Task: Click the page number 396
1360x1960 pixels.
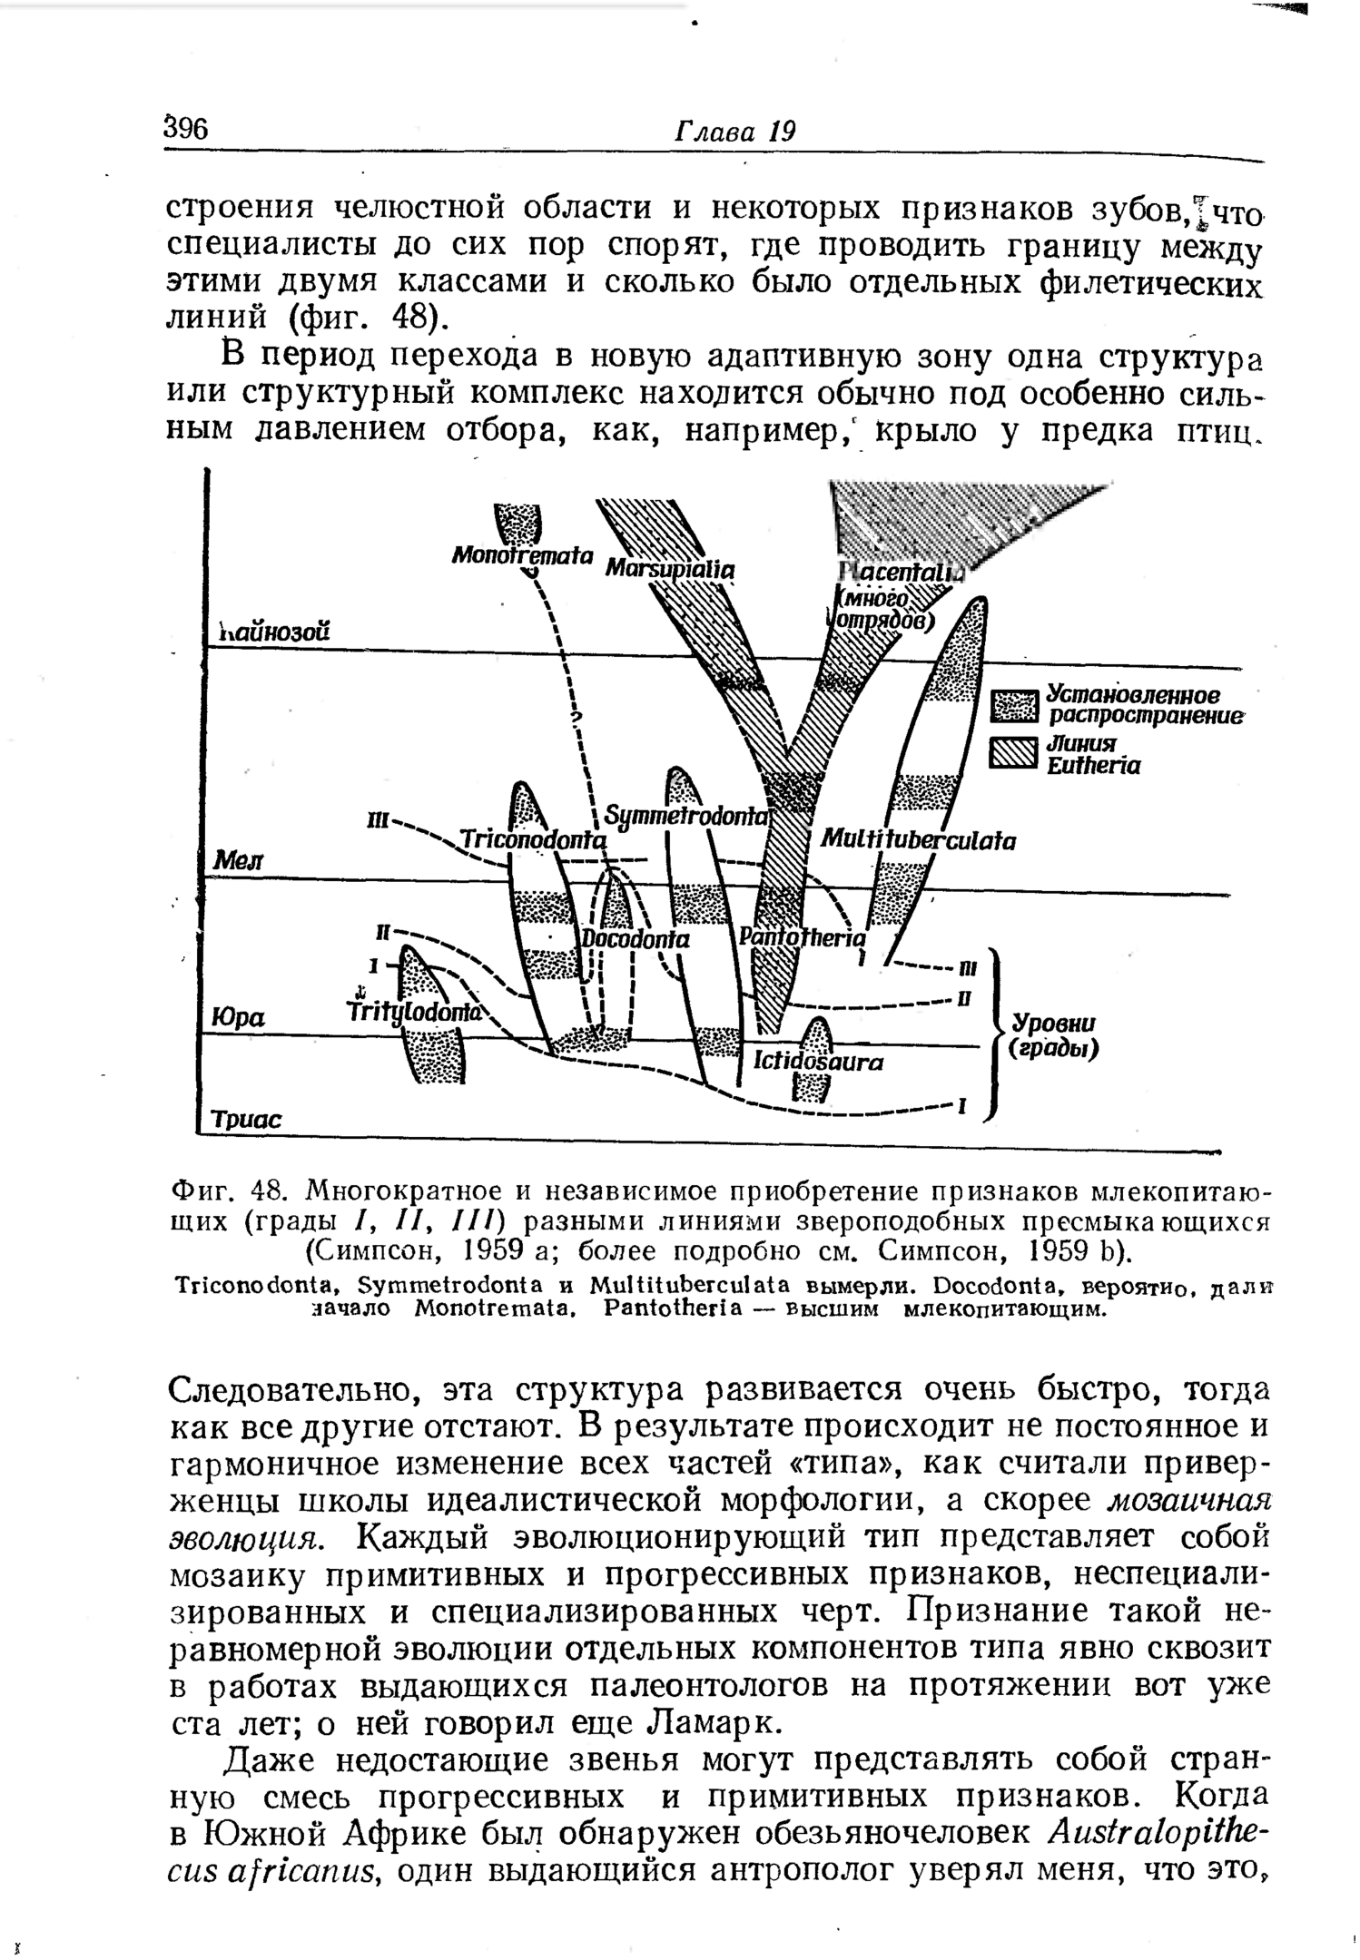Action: click(x=187, y=128)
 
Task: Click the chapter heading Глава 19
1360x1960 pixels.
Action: click(x=734, y=132)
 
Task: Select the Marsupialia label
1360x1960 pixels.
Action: click(x=669, y=568)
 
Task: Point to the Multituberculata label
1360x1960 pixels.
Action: click(x=918, y=840)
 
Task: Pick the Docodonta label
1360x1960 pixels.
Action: click(x=636, y=940)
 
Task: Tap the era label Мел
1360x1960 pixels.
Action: click(x=236, y=859)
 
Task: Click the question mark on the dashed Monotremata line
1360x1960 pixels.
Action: click(x=574, y=720)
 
